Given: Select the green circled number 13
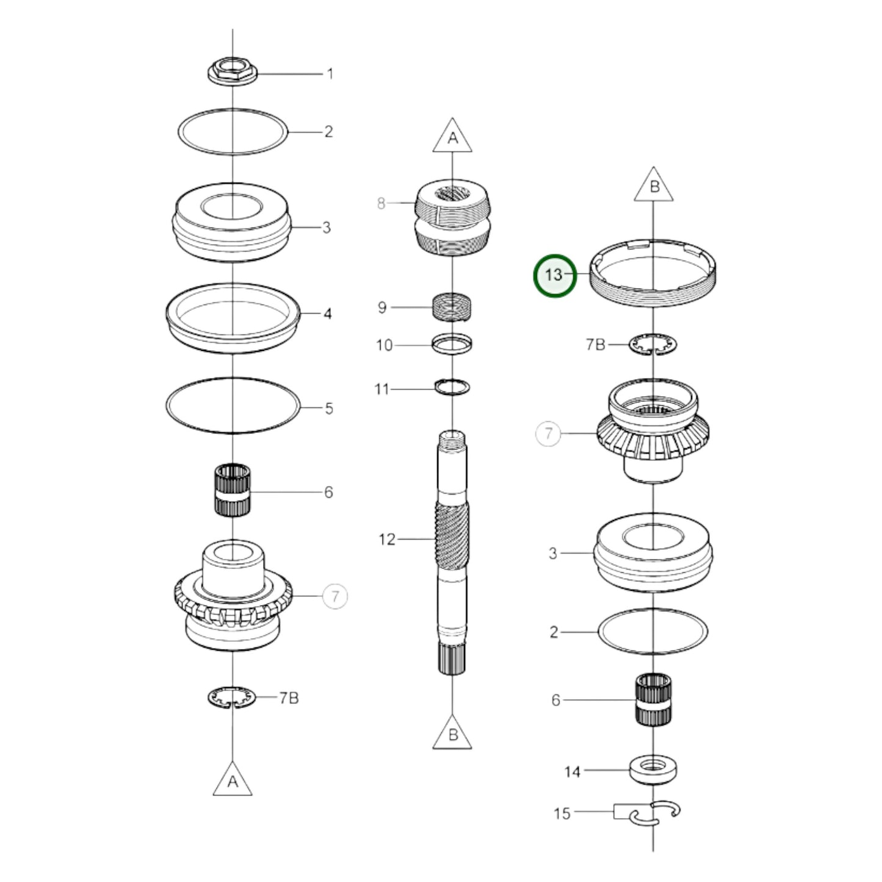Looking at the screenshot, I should [x=554, y=275].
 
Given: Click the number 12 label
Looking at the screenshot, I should [x=387, y=540].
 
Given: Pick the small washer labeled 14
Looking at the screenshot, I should [x=653, y=770].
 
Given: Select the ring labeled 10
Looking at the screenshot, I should [x=452, y=344].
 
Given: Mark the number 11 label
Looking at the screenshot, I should [x=381, y=389].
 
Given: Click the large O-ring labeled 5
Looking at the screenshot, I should [x=233, y=406].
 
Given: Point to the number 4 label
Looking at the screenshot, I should [x=328, y=314].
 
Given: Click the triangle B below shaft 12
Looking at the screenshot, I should [x=452, y=733].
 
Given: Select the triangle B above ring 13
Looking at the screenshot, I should [x=654, y=186].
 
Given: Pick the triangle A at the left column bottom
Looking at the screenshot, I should [x=233, y=780].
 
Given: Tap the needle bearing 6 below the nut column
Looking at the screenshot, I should [x=233, y=490].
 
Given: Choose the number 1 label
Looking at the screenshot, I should [x=330, y=74].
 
